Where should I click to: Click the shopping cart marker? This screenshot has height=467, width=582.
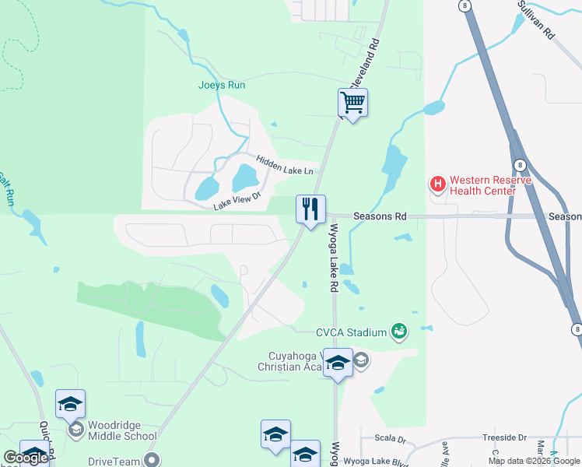352,102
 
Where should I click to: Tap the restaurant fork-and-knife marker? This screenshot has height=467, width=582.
310,209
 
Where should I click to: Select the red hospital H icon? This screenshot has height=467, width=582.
438,184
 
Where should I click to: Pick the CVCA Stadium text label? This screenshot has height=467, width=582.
351,332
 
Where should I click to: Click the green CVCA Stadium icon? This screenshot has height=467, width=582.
399,332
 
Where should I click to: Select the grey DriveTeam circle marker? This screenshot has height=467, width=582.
152,460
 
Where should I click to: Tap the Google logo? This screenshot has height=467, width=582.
26,458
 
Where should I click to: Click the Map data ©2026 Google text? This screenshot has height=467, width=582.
533,461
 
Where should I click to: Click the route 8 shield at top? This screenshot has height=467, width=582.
465,5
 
